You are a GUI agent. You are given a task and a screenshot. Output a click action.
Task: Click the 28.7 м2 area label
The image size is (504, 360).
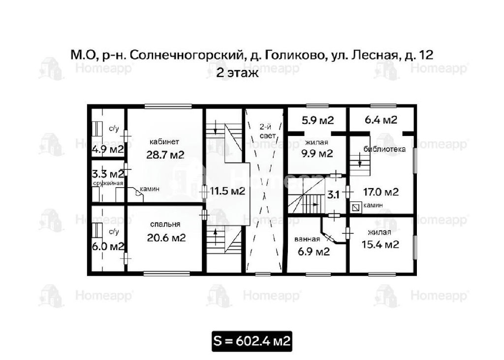tap(165, 155)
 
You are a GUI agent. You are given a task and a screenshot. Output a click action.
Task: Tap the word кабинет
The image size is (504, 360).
tap(164, 141)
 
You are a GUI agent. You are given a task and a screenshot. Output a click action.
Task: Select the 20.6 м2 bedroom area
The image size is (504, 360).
tap(166, 238)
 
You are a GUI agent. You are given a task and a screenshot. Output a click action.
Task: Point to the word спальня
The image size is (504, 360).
tap(165, 224)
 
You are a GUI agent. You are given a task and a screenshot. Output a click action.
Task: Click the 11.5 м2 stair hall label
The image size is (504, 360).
tap(227, 192)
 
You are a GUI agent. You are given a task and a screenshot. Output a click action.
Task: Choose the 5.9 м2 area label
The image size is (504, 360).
tap(317, 120)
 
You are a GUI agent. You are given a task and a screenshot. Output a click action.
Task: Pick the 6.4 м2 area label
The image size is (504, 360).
tap(381, 120)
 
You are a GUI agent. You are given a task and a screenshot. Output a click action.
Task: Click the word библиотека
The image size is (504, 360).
tap(384, 149)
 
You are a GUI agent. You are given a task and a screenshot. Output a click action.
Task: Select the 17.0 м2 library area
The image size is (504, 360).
tap(381, 192)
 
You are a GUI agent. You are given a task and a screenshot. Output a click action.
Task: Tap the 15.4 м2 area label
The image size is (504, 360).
tap(380, 244)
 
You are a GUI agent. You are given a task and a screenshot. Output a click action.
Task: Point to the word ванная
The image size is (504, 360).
tap(307, 239)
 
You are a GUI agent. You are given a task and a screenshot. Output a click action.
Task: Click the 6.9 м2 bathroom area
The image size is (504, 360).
tap(314, 251)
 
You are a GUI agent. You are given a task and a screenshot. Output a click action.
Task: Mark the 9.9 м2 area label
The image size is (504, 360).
tap(317, 154)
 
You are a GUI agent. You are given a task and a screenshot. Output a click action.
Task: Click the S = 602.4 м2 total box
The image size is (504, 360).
tap(252, 341)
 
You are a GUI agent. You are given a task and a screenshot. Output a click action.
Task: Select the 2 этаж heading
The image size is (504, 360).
tap(237, 73)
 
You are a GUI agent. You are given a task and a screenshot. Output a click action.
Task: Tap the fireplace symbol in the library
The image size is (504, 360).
tap(356, 207)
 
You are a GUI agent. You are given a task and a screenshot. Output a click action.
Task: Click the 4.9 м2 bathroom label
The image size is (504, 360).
tap(108, 150)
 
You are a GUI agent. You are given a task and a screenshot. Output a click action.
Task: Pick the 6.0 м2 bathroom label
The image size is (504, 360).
tap(108, 247)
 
